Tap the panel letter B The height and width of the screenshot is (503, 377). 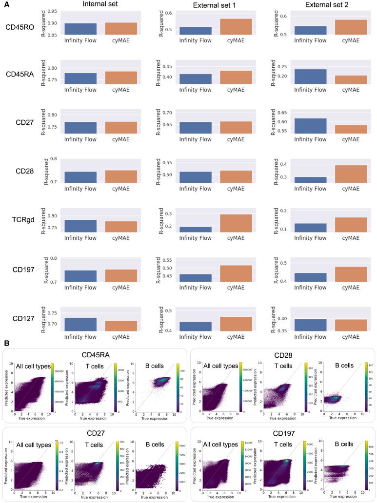click(6, 343)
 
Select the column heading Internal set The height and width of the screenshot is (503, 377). click(100, 5)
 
